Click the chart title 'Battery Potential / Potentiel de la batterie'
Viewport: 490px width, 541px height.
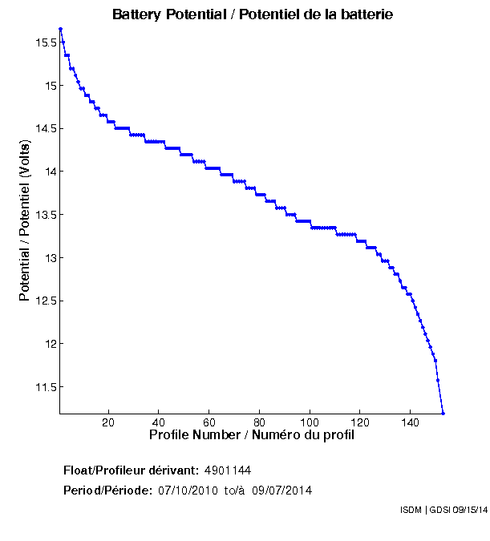click(253, 14)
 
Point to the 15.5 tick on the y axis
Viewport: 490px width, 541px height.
click(45, 42)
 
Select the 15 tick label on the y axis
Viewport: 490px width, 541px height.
click(50, 86)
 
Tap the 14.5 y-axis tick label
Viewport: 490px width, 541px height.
click(45, 128)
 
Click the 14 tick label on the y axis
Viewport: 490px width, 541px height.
click(50, 172)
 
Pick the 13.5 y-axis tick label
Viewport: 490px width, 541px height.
click(45, 215)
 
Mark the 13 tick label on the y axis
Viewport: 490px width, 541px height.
click(50, 258)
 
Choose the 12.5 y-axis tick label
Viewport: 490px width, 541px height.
click(45, 301)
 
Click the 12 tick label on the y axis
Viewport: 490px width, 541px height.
click(50, 344)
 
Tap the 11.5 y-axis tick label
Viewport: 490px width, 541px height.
click(45, 387)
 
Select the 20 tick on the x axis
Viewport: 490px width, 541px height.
click(108, 422)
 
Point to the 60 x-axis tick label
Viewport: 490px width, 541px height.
click(209, 422)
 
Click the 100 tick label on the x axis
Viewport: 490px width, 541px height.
click(310, 422)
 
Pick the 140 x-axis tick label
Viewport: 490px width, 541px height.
click(410, 422)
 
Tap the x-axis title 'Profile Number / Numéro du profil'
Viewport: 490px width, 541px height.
click(252, 435)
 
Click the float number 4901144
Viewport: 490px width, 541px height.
click(229, 470)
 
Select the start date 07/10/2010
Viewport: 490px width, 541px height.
click(186, 490)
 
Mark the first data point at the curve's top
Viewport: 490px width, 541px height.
click(60, 29)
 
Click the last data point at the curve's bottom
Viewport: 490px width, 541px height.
click(443, 413)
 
